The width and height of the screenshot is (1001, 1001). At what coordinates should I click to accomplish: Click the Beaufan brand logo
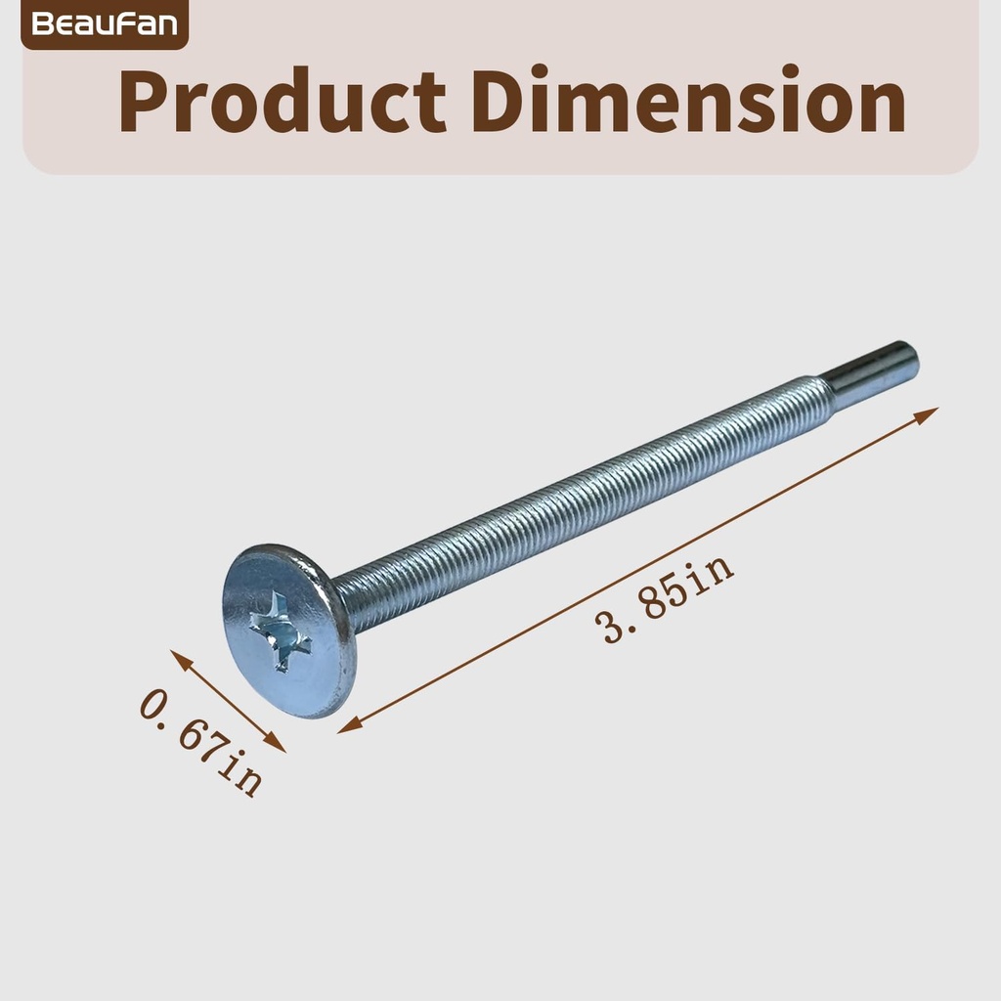[104, 23]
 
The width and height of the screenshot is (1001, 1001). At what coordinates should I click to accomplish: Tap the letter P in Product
[143, 102]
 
